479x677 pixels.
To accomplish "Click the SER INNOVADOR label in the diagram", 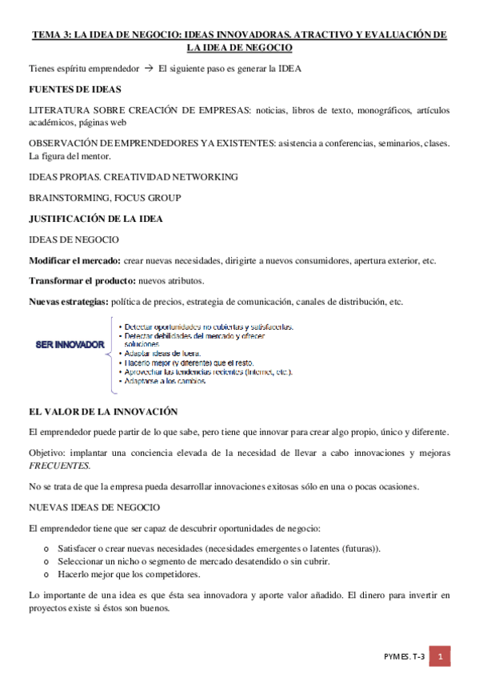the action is (70, 344).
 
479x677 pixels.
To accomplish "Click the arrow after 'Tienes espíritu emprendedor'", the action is (146, 69).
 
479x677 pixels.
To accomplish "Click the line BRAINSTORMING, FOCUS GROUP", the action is (104, 197).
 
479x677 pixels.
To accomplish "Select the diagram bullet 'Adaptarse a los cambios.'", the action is (166, 382).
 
